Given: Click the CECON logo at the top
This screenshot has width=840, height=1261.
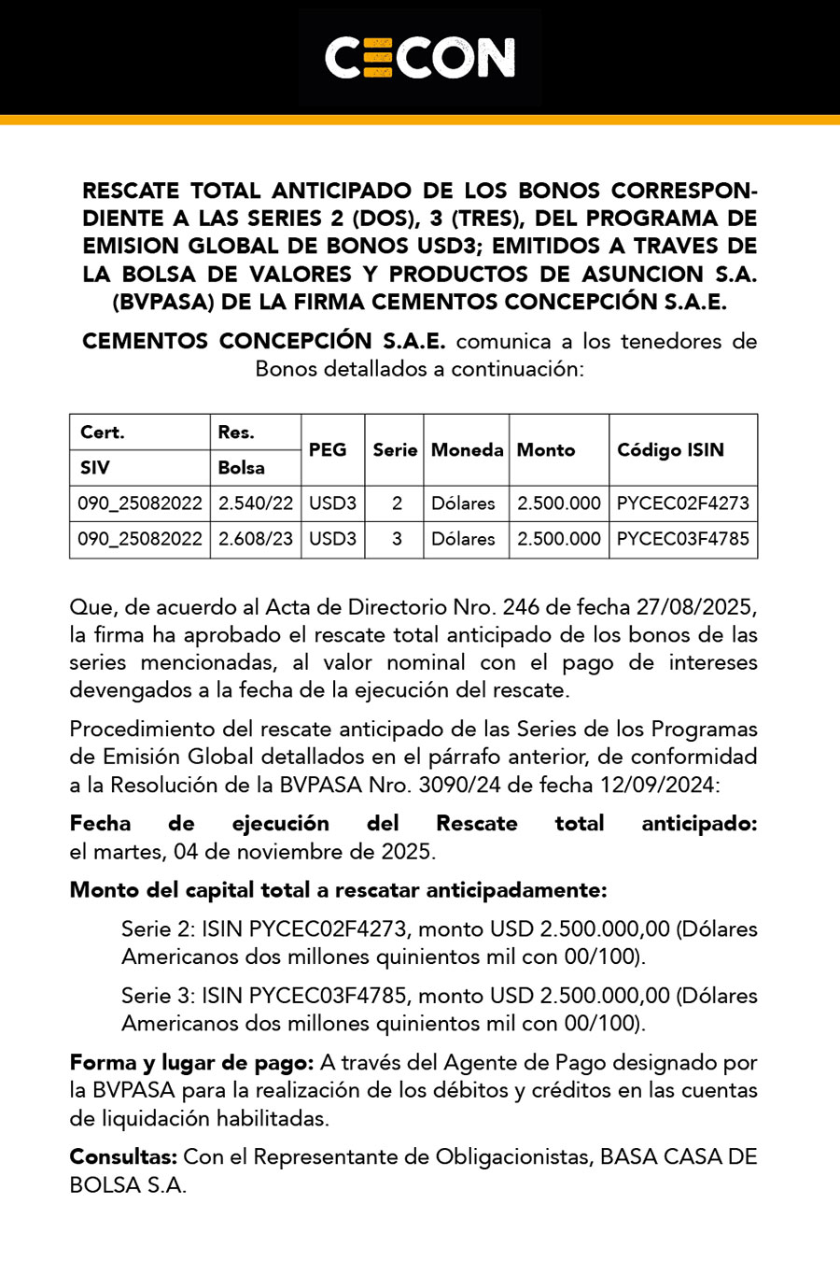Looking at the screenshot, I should [420, 58].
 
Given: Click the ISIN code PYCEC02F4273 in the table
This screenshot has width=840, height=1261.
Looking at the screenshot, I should [682, 503].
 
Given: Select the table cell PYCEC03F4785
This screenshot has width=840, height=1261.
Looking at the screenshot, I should [682, 539].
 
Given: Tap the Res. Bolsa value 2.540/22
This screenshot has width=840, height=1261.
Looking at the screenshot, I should [256, 503].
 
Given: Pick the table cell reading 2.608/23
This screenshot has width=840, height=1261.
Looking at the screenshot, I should [256, 539].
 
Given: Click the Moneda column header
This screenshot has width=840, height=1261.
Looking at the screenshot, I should [467, 450].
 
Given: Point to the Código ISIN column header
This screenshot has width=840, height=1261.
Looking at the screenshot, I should [670, 450].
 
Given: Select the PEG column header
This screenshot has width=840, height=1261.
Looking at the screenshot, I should [328, 450].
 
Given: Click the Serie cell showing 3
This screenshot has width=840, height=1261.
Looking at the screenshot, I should [397, 539].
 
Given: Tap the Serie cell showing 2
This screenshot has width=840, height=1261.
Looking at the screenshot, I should [397, 503].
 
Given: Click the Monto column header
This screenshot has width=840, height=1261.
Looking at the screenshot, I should [546, 450].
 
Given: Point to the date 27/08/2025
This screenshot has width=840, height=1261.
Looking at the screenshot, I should [694, 607].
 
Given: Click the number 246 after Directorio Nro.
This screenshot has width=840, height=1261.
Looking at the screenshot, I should [521, 607].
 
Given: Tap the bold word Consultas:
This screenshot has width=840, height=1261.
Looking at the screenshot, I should [123, 1156].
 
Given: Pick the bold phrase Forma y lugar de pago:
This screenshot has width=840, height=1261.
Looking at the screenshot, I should [191, 1062].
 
